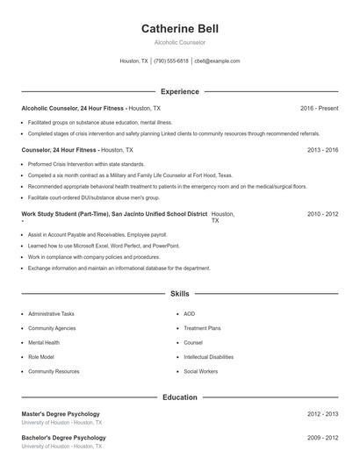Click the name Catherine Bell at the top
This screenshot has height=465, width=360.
coord(179,29)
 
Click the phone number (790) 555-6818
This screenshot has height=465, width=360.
coord(171,61)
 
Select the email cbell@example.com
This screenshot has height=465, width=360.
coord(217,61)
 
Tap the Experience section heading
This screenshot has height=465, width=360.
coord(179,91)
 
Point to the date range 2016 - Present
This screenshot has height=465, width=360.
coord(319,108)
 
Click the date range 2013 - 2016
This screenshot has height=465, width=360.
coord(322,150)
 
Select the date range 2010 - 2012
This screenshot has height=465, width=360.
coord(322,214)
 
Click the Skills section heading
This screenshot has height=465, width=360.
coord(179,294)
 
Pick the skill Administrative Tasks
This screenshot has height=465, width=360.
coord(51,313)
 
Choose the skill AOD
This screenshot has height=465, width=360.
coord(190,313)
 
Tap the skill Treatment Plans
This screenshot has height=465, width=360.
coord(202,328)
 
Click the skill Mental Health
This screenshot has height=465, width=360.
coord(44,342)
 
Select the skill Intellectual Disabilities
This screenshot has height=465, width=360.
coord(208,357)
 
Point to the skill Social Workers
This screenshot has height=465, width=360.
coord(200,371)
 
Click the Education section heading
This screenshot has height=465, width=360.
coord(179,397)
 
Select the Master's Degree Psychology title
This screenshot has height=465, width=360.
coord(61,413)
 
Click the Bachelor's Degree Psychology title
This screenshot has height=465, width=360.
coord(63,437)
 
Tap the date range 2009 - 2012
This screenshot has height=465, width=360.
coord(322,437)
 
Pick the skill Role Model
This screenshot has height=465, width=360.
coord(40,357)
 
